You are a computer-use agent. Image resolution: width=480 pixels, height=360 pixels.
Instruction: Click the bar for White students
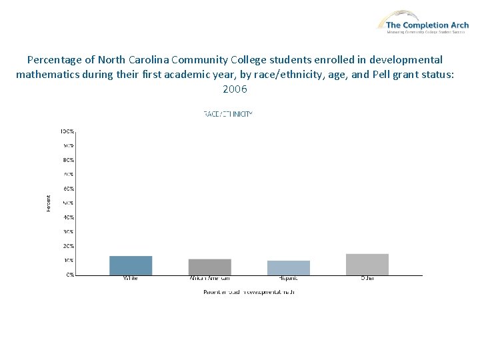click(x=131, y=265)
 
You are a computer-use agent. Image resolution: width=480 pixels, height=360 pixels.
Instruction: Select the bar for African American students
click(x=209, y=267)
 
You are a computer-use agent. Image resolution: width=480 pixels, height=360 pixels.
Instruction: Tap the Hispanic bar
click(x=288, y=267)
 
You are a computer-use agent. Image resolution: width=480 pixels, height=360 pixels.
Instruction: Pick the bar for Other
click(x=367, y=264)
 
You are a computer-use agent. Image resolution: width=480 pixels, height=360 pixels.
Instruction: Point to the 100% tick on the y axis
click(x=68, y=131)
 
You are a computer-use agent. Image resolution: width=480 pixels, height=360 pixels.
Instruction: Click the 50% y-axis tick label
click(x=69, y=203)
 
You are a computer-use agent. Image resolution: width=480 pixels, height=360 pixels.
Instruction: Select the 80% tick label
click(x=69, y=160)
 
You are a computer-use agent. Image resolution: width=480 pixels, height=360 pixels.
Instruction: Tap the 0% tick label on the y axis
click(x=70, y=275)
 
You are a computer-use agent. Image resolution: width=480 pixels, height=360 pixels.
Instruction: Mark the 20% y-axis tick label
click(x=69, y=246)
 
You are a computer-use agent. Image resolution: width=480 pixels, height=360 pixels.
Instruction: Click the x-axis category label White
click(x=131, y=278)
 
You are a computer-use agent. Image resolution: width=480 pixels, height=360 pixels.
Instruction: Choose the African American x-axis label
click(x=209, y=278)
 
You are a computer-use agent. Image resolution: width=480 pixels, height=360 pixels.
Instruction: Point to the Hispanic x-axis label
click(x=288, y=278)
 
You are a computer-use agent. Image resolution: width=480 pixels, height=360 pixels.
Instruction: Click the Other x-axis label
click(x=367, y=278)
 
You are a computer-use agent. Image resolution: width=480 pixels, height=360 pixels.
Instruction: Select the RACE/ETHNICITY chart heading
click(x=228, y=114)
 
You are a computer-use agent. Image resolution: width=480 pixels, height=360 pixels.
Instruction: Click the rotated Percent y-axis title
click(x=48, y=203)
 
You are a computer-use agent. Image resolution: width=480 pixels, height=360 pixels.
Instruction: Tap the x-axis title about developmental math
click(x=249, y=292)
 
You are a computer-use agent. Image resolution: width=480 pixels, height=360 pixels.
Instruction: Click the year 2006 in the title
click(x=235, y=89)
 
